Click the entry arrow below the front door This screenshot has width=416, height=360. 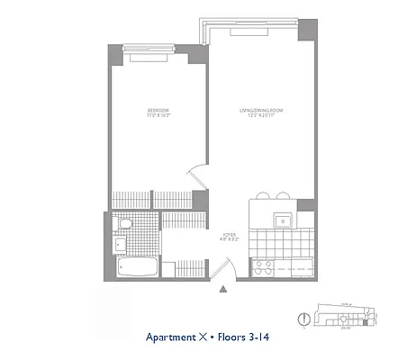coord(222,289)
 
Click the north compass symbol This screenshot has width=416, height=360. coord(303,318)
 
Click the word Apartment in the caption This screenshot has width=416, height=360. coord(169,338)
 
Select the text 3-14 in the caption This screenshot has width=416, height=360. coord(258,338)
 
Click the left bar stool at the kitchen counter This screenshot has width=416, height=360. coord(263,195)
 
